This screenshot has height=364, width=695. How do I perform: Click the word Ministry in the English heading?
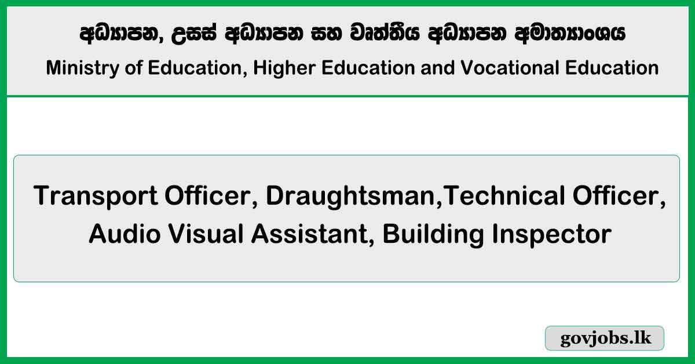[82, 68]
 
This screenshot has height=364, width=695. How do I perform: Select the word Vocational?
[510, 68]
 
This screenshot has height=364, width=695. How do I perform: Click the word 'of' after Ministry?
[133, 68]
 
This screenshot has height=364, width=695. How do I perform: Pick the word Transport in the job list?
[96, 196]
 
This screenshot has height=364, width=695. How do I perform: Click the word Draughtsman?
[350, 196]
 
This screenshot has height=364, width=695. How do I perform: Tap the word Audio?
[125, 234]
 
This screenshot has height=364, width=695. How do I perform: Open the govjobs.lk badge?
[605, 338]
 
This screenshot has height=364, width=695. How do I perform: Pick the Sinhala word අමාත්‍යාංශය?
[570, 34]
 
